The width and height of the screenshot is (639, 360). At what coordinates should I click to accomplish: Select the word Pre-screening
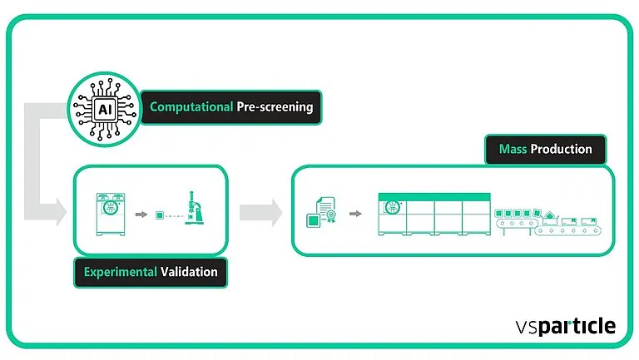point(274,107)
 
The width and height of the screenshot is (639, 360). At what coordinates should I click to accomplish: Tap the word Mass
point(513,149)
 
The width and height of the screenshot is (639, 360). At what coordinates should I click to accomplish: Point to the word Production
point(562,149)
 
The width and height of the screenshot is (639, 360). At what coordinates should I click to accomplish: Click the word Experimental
point(121,272)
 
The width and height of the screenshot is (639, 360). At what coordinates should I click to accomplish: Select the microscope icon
point(196,214)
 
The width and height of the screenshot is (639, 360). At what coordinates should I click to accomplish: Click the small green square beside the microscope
point(159,216)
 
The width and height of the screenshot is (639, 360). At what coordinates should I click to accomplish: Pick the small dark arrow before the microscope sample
point(140,215)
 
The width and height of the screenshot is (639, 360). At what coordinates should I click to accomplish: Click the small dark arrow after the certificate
point(355,214)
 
